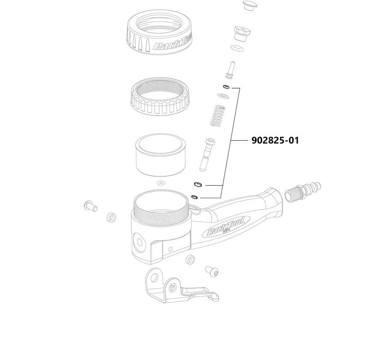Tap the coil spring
218,115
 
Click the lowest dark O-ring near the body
194,197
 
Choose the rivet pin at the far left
91,206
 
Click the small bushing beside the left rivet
111,217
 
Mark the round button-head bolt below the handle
213,270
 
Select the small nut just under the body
191,259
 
